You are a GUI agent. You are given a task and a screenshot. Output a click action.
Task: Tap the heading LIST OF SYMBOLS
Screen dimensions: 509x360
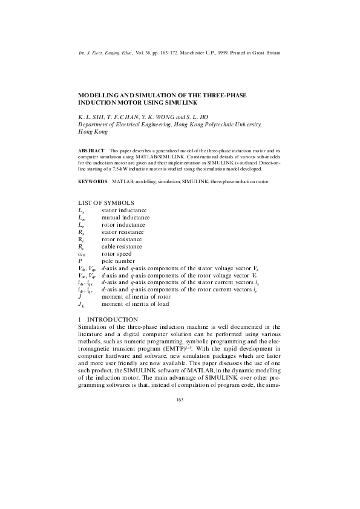106,202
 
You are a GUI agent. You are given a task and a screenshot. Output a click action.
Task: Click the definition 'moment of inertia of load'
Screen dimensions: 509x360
136,304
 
